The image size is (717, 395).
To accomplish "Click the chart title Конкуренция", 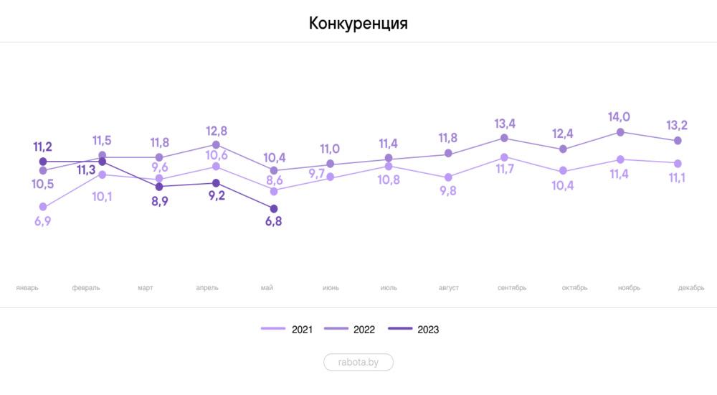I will pos(358,23).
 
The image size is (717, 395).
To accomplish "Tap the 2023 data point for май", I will pos(273,208).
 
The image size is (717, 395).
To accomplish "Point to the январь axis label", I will pos(27,288).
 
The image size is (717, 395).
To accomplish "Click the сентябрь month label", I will pos(512,288).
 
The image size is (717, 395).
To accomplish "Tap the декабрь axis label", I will pos(691,288).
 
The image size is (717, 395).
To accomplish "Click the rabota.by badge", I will pos(358,363).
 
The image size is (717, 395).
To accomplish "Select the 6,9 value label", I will pos(43,221).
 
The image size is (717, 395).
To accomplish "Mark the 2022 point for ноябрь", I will pos(619,132).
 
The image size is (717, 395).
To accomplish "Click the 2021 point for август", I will pos(448,177).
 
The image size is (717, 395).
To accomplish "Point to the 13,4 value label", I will pos(505,123).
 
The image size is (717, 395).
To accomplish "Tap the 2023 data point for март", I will pos(159,186).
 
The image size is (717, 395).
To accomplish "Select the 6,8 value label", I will pos(273,222).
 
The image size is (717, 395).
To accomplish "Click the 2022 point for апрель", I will pos(216,145).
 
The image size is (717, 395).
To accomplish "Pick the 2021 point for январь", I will pos(43,207).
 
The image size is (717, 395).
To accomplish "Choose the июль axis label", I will pos(389,288).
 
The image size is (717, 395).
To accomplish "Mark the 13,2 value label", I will pos(677,126).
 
